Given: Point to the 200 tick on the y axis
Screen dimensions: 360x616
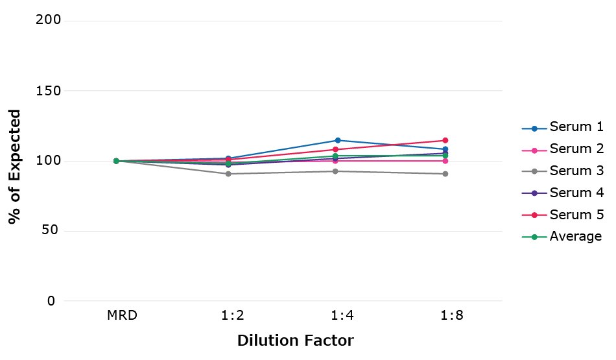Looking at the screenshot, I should click(x=49, y=20).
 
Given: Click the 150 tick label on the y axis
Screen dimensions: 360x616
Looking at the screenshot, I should click(x=49, y=91).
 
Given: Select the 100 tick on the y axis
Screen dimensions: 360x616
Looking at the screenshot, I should click(x=49, y=161).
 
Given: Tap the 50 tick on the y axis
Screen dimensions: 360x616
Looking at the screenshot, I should click(x=53, y=231).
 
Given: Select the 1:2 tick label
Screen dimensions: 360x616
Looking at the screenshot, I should click(x=230, y=317).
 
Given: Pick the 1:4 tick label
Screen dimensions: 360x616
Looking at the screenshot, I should click(x=338, y=317).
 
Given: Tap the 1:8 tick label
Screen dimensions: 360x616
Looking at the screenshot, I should click(x=445, y=317).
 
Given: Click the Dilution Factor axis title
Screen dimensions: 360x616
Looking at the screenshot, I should click(x=295, y=341).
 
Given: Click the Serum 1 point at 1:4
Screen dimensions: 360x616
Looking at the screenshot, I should click(x=338, y=140).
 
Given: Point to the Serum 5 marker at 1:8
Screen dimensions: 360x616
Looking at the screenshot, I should click(x=445, y=140).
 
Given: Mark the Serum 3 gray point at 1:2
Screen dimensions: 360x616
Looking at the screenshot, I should click(x=228, y=174).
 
